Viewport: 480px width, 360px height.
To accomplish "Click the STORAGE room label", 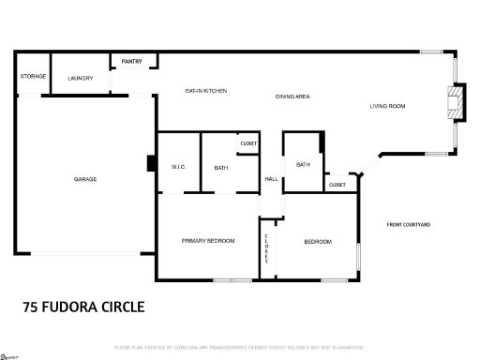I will coord(33,76).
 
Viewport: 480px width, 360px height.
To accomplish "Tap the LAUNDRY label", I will coord(81,78).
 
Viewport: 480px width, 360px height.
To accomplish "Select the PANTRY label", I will coord(131,62).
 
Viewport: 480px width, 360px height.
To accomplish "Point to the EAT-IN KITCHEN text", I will coord(205,90).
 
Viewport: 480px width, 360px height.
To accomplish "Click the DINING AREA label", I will coord(292,97).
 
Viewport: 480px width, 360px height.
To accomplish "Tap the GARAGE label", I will coord(85,178).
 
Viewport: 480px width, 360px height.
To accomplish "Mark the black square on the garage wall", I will coord(150,163).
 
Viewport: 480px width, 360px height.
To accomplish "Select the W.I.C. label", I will coord(178,168).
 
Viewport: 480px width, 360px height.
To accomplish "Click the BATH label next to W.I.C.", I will coord(220,168).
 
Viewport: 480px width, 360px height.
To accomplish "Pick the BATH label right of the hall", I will coord(303,164).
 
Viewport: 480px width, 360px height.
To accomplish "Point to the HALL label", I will coord(270,178).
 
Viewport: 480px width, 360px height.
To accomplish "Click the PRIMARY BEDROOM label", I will coord(207,241).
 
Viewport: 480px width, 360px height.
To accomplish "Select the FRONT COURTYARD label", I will coord(408,224).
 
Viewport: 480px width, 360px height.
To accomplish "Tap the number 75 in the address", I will coord(30,307).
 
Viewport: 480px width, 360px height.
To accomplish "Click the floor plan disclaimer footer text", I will coord(239,348).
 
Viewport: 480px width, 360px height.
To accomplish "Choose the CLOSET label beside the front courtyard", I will coord(337,185).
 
